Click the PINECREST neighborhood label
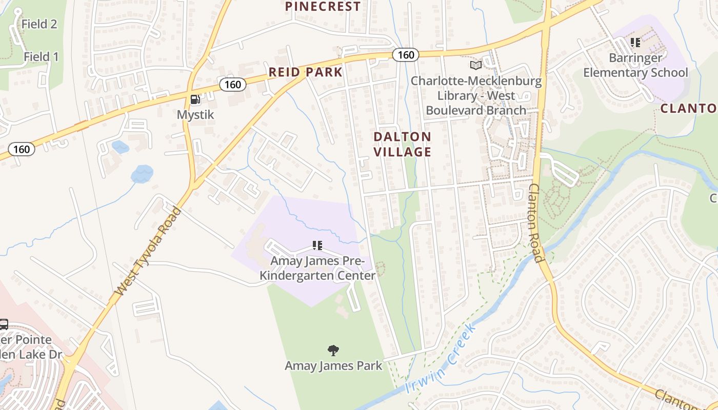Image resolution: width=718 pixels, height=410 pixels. click(x=323, y=7)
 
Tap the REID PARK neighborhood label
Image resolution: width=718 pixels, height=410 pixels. click(x=306, y=72)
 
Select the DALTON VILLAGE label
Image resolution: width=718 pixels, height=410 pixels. click(x=402, y=144)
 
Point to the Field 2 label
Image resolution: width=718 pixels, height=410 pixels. click(x=39, y=24)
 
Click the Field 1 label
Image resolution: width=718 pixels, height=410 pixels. click(x=41, y=57)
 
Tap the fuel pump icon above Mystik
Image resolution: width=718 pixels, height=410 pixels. click(x=195, y=99)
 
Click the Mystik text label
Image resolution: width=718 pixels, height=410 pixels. click(x=195, y=115)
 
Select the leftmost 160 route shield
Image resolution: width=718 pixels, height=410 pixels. click(x=22, y=149)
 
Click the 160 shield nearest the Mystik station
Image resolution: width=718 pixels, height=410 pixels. click(x=233, y=85)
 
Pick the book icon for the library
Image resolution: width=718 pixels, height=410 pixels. click(x=476, y=65)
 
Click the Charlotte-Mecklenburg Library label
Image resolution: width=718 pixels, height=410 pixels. click(x=476, y=96)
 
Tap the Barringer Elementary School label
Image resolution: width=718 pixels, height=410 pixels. click(x=635, y=65)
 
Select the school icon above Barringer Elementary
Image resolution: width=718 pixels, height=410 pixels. click(x=635, y=43)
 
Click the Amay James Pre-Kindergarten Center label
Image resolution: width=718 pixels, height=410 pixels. click(x=317, y=268)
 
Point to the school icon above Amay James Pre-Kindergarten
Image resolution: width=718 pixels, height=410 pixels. click(x=317, y=245)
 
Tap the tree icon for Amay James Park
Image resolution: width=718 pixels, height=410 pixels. click(x=333, y=351)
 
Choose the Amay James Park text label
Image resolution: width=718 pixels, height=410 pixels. click(x=333, y=365)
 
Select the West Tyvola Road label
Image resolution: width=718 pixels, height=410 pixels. click(x=148, y=251)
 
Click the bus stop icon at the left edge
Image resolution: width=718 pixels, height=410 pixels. click(x=4, y=324)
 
